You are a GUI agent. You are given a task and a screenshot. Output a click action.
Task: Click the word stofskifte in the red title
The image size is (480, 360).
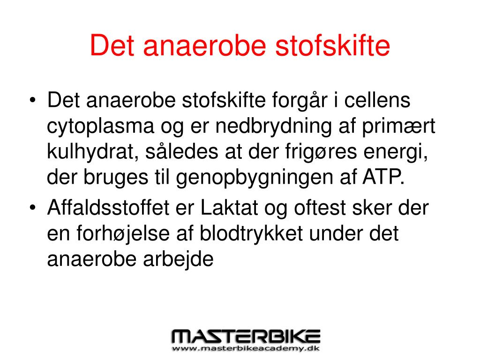pos(332,45)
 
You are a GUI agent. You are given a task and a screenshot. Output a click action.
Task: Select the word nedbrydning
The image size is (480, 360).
pos(274,127)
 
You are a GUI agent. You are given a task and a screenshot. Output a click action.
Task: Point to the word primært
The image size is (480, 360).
pos(398,127)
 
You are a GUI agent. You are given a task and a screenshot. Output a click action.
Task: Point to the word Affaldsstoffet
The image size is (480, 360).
pos(108,207)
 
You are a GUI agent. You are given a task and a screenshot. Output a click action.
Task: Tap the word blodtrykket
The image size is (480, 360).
pos(251,234)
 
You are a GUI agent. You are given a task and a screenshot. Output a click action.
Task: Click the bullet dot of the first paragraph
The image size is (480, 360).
pos(33,100)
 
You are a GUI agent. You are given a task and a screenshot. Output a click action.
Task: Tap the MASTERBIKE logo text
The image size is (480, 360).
pos(246,337)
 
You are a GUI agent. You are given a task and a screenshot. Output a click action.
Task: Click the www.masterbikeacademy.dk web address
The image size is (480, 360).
pos(246,348)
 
